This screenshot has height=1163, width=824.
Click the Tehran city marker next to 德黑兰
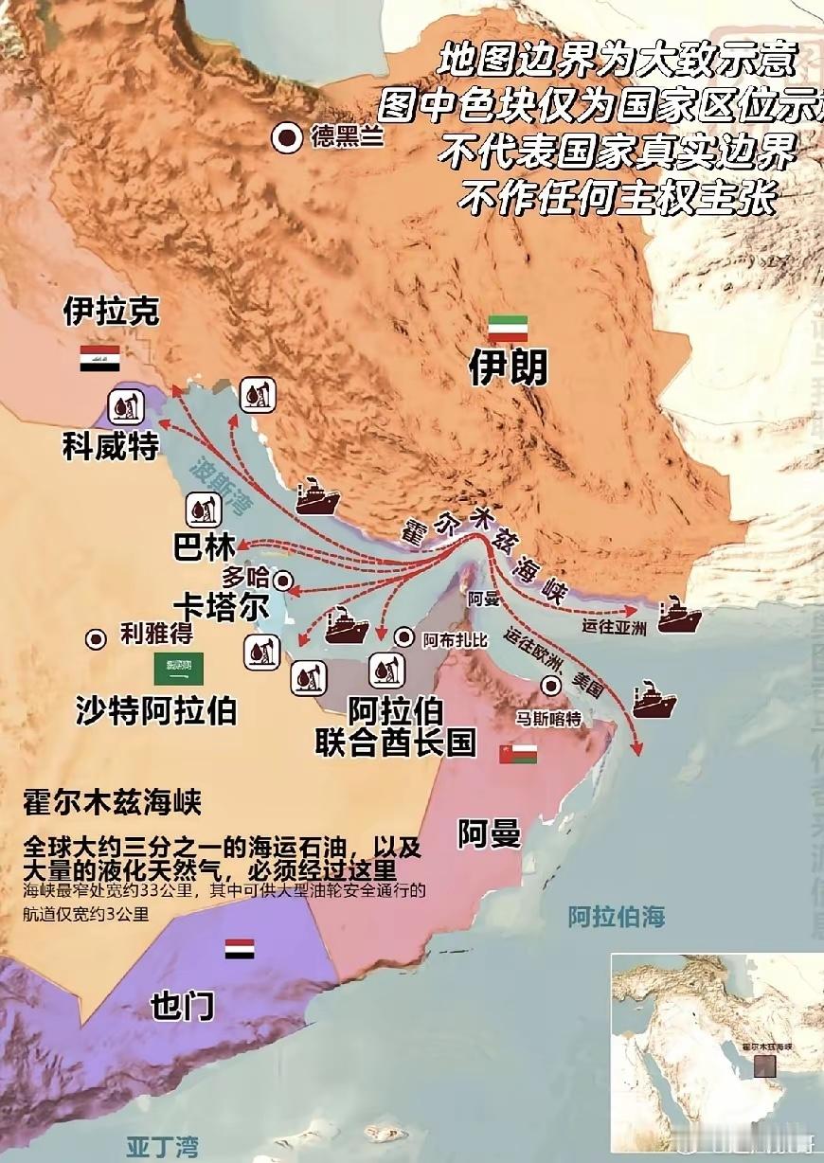click(286, 139)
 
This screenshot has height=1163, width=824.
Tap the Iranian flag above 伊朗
click(508, 329)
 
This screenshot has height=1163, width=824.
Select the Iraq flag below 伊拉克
click(99, 358)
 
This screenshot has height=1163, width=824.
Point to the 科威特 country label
click(111, 445)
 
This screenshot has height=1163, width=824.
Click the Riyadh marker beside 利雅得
click(96, 639)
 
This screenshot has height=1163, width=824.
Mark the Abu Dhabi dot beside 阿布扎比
click(405, 637)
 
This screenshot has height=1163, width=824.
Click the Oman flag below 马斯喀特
click(518, 754)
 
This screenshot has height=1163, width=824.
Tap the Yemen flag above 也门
click(239, 949)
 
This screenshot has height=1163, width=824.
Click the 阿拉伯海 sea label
click(616, 917)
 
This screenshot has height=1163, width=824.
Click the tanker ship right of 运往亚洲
click(679, 617)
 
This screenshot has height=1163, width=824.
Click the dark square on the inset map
click(763, 1065)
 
